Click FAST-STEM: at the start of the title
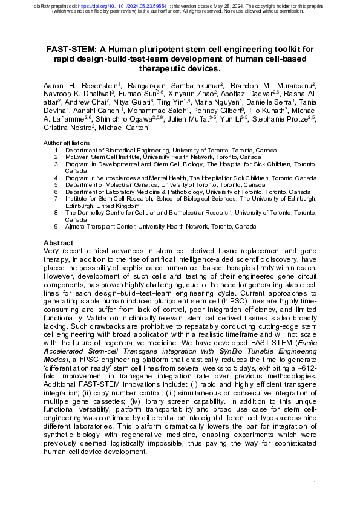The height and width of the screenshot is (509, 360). coord(71,50)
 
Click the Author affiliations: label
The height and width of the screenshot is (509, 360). coord(68,143)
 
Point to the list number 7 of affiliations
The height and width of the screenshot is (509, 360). coord(56,198)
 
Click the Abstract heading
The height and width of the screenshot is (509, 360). coord(59,242)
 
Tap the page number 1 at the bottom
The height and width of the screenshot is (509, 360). coord(315,484)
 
